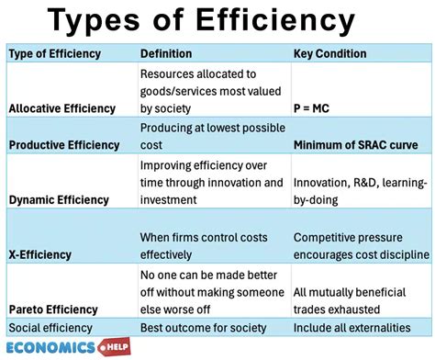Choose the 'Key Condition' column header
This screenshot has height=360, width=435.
(x=330, y=53)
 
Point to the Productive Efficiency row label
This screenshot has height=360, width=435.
(x=63, y=144)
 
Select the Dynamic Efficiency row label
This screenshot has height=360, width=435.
(x=58, y=199)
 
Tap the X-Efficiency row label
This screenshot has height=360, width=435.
(x=41, y=253)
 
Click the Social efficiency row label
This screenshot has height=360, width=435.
(x=50, y=328)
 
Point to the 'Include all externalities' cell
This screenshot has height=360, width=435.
(x=353, y=328)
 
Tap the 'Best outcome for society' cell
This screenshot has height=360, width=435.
(x=203, y=328)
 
